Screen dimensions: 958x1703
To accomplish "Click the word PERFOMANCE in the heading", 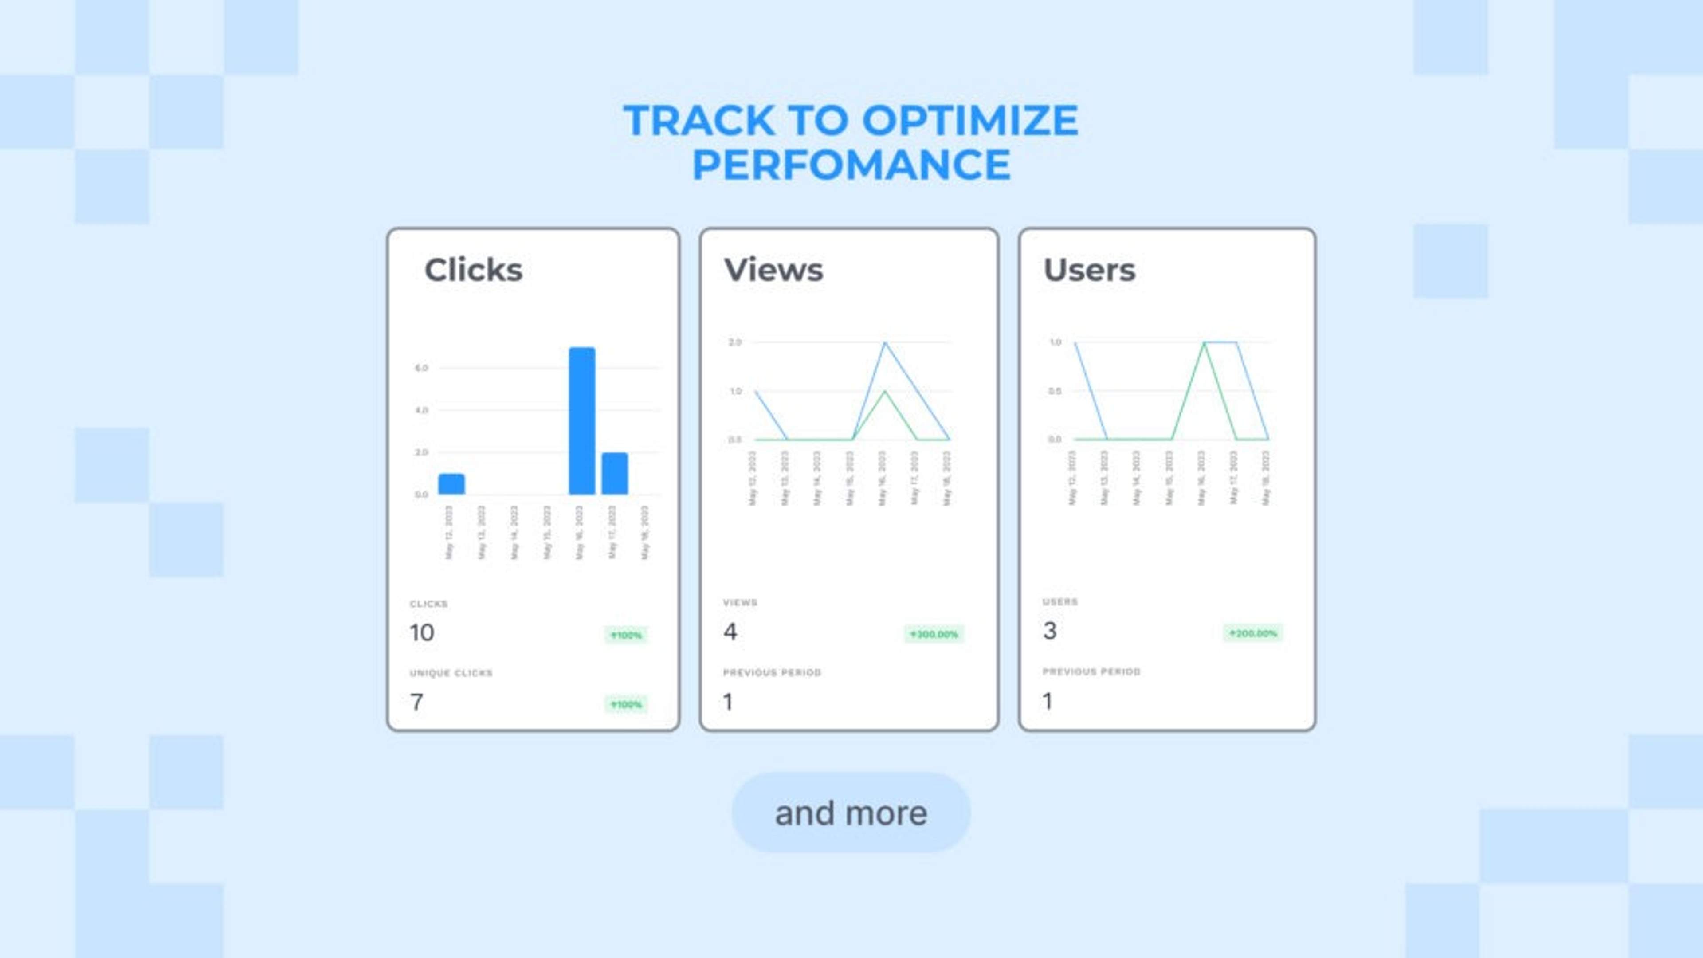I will click(851, 165).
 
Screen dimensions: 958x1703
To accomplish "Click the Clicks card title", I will click(473, 270).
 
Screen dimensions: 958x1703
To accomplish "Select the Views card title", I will click(773, 270).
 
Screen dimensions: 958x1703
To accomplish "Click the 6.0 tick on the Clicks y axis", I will click(421, 368).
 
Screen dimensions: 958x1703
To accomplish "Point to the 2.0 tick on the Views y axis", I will click(734, 342).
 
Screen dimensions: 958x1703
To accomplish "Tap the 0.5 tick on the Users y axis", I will click(1055, 391).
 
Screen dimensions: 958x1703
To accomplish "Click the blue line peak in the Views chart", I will click(885, 342).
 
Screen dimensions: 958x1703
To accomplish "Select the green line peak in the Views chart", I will click(885, 391).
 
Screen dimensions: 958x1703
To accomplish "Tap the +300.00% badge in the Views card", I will click(934, 634).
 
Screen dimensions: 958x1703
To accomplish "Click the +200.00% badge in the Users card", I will click(1253, 633).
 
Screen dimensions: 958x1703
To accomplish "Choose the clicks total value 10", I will click(422, 633).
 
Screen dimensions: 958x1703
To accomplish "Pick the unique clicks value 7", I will click(416, 702).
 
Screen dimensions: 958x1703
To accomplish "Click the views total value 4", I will click(730, 632).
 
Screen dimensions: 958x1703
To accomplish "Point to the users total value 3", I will click(1050, 631).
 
